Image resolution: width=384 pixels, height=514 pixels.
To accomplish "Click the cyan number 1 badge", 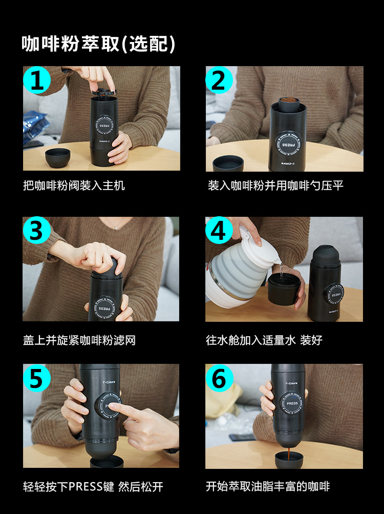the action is pos(37,80).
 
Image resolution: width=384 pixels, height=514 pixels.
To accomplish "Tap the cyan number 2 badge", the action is pos(219,80).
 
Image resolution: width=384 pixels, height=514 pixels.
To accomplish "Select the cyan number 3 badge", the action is pos(36,230).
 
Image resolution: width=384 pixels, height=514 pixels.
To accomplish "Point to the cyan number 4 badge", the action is pos(219,230).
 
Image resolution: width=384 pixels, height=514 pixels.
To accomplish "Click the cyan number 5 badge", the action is pos(37,378).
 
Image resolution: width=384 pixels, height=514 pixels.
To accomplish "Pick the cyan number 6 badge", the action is pos(219,378).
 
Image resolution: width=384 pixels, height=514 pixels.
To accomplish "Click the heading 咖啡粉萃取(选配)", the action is pos(98,44).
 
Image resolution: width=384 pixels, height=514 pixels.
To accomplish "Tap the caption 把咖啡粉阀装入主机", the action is pos(74,186).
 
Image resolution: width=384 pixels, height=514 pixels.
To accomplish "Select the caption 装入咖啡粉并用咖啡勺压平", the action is pos(275,186).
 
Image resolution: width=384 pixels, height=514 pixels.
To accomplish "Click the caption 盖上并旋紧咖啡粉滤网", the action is pos(79,340).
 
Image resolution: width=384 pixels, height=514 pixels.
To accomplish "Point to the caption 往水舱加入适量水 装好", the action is pos(264,340).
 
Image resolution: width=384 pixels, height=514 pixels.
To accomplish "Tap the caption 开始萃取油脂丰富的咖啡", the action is pos(268,486).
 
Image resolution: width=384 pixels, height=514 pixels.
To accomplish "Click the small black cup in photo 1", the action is pos(58,158).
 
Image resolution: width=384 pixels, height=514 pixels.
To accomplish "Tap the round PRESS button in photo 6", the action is pos(292,403).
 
